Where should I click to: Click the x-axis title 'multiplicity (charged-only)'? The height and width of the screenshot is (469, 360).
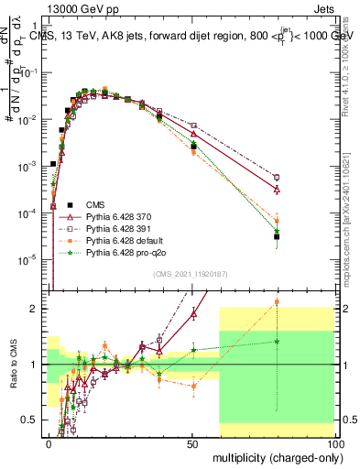pos(272,455)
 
